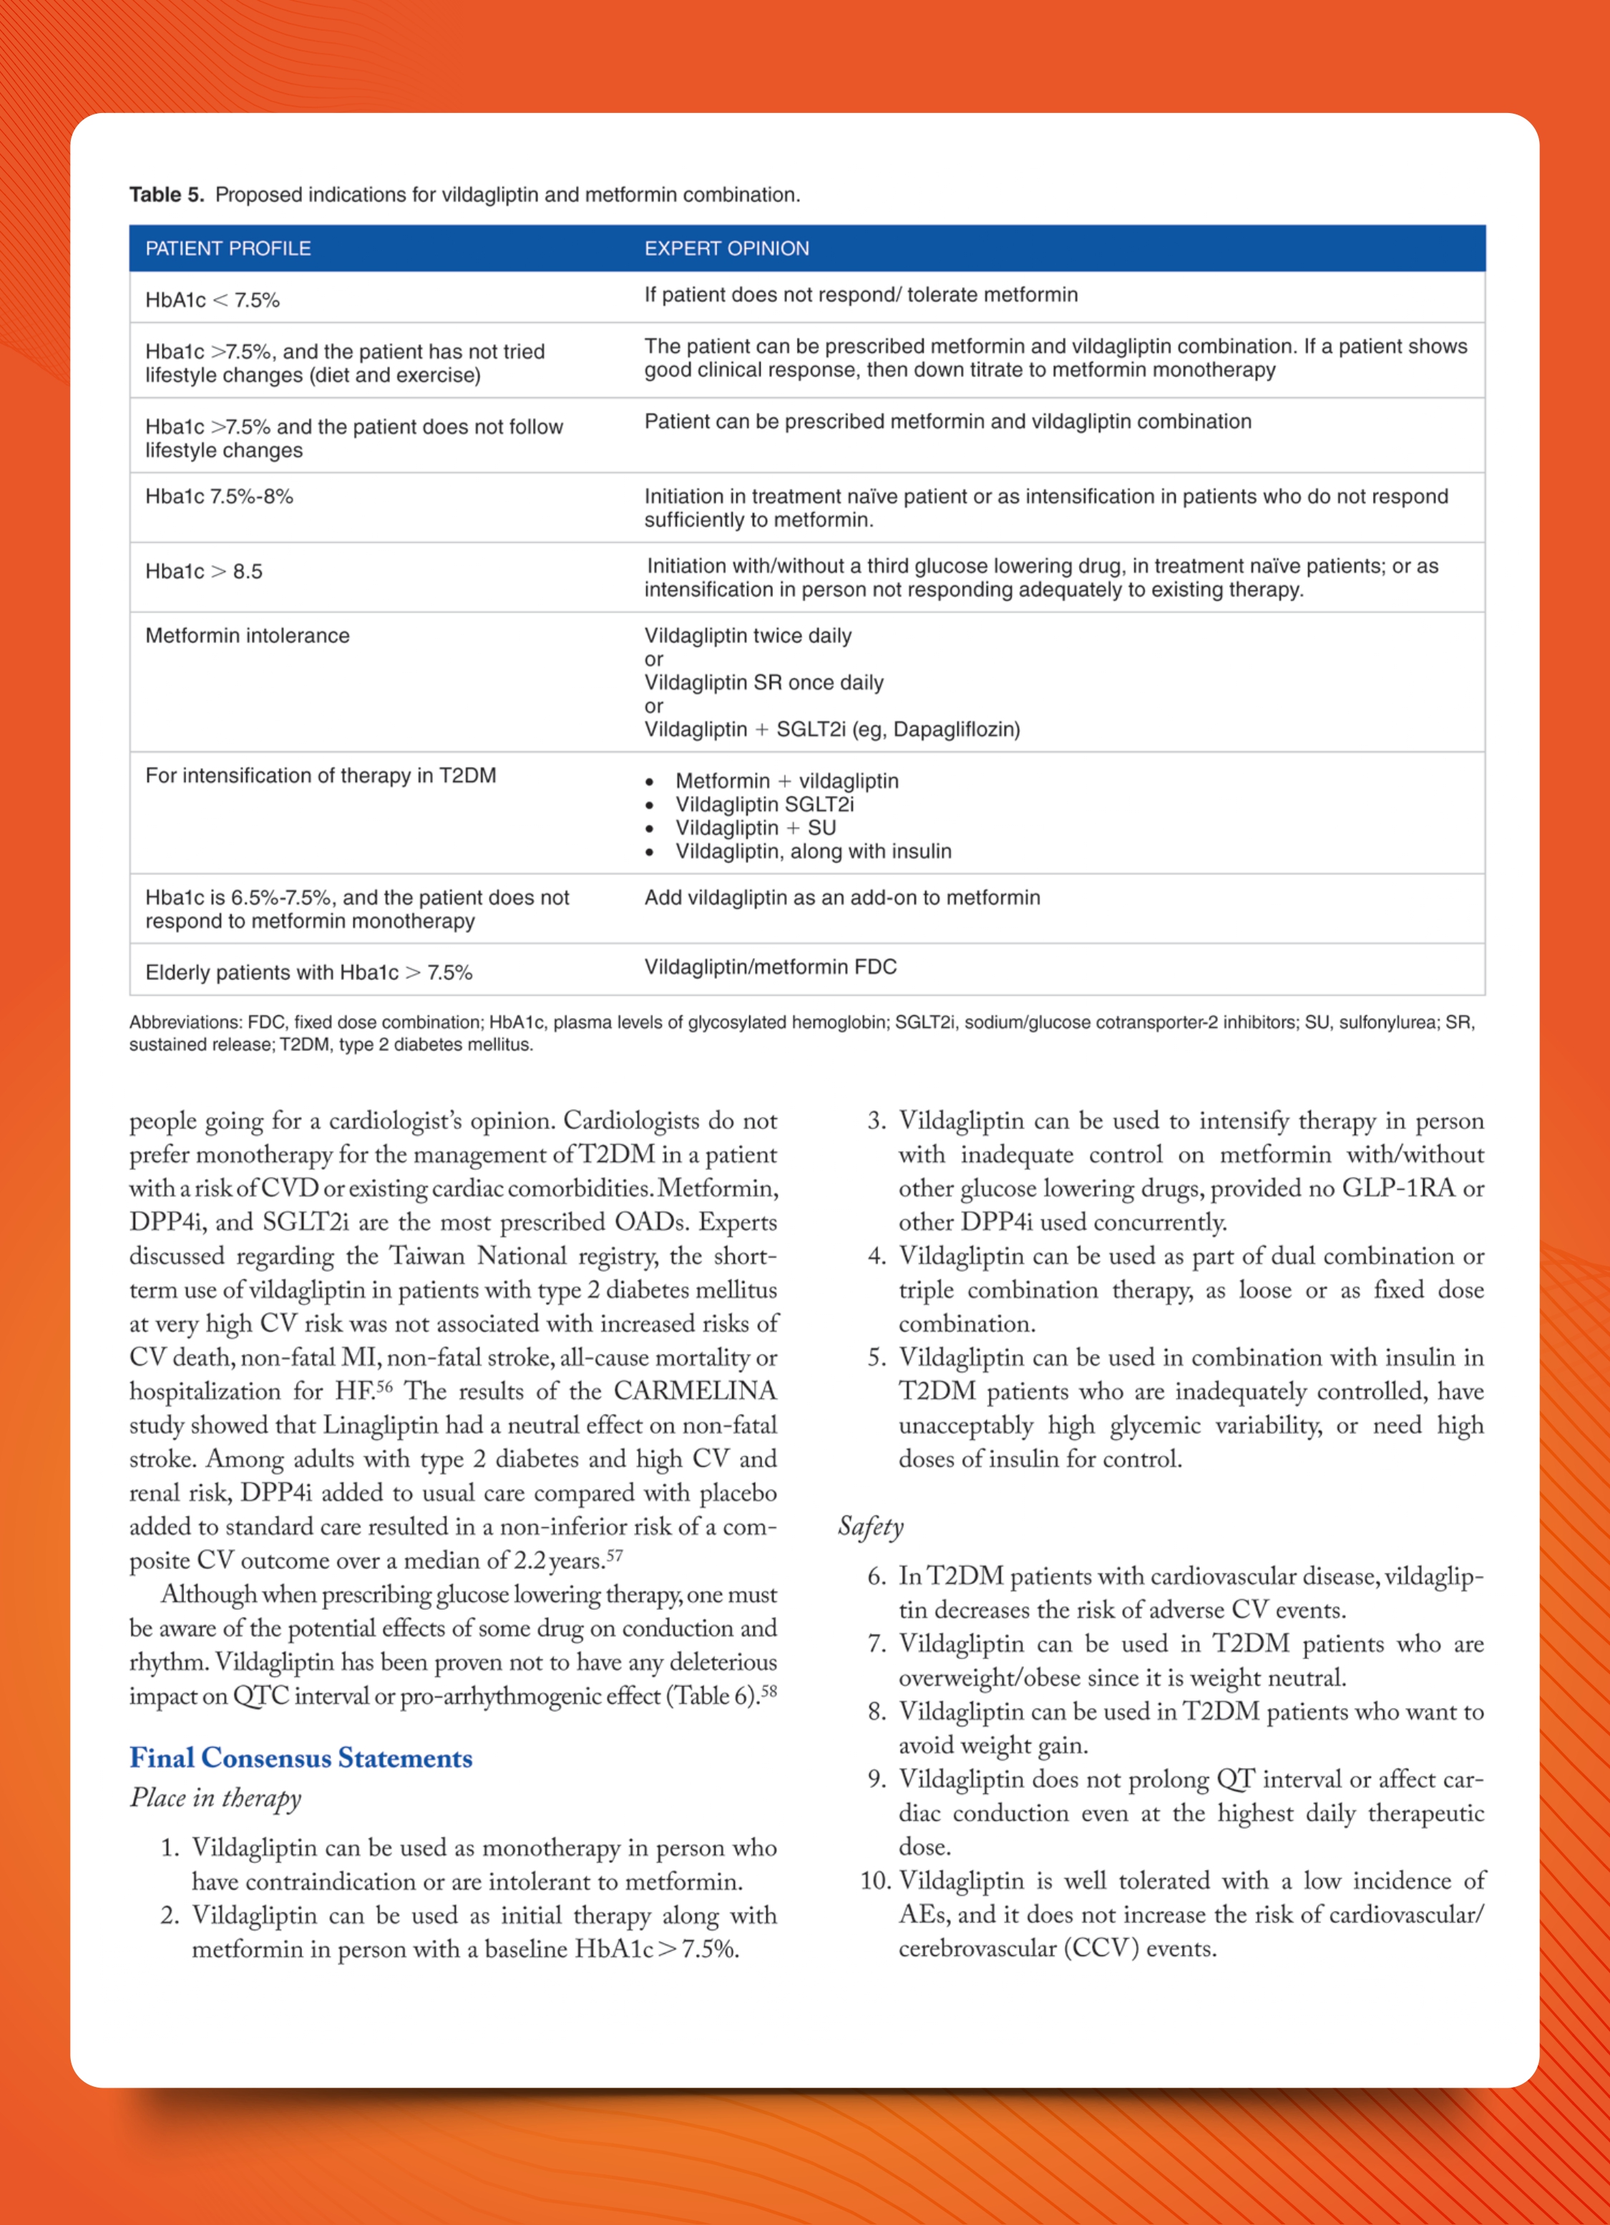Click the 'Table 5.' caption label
tap(166, 195)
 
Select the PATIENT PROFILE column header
tap(228, 248)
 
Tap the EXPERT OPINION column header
tap(726, 248)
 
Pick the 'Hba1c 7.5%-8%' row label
tap(219, 497)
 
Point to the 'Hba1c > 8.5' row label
tap(203, 572)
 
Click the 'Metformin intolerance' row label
tap(248, 636)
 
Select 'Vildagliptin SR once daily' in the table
tap(763, 683)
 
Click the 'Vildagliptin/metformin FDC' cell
tap(770, 967)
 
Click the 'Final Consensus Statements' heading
tap(301, 1758)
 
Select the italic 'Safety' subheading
tap(870, 1527)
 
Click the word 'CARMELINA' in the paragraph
tap(695, 1391)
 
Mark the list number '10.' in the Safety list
tap(875, 1881)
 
